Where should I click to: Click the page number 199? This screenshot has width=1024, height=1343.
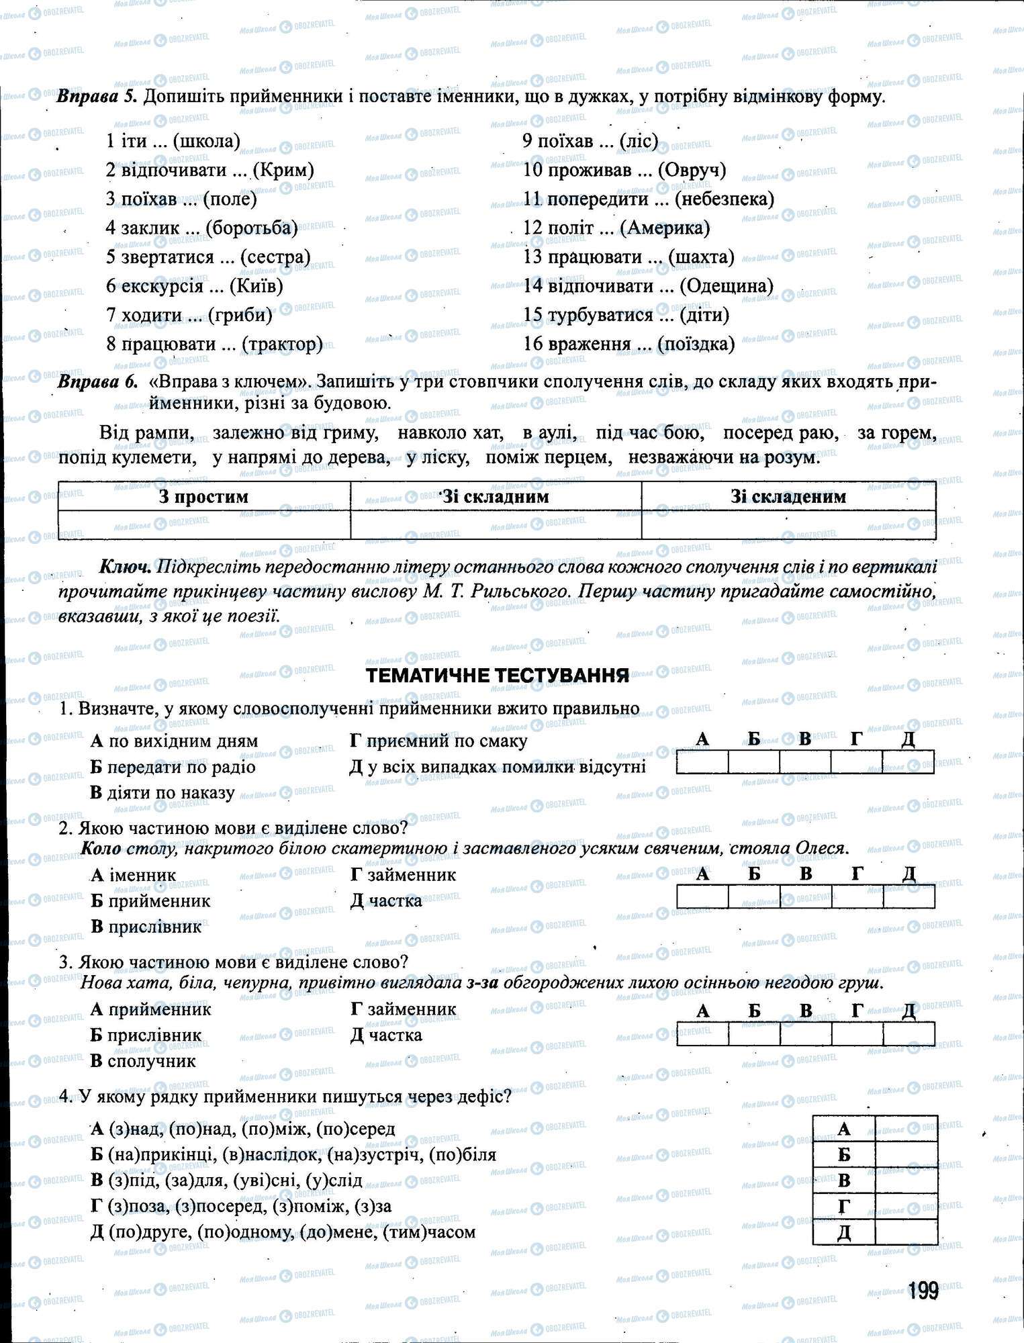tap(923, 1290)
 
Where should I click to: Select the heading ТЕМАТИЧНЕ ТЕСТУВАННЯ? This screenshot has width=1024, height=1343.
tap(498, 676)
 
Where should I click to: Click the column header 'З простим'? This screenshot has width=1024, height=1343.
tap(203, 497)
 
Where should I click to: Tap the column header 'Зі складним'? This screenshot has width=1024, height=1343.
tap(496, 497)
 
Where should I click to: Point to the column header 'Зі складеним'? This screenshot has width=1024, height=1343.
tap(788, 497)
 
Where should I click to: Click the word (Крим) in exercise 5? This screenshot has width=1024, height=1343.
tap(286, 170)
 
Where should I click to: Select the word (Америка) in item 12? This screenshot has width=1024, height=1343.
tap(665, 228)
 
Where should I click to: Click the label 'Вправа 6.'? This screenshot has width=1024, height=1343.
tap(97, 382)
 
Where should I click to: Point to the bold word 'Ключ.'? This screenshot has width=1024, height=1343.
tap(126, 567)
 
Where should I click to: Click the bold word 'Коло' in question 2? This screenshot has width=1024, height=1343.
tap(101, 848)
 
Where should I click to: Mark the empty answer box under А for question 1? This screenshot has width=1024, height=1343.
tap(702, 762)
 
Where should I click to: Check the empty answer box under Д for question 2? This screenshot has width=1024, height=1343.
tap(909, 896)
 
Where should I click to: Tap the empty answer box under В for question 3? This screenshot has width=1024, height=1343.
tap(806, 1033)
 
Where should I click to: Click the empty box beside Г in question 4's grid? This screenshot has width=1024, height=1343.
tap(906, 1207)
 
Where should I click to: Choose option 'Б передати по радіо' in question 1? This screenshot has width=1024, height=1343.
tap(173, 767)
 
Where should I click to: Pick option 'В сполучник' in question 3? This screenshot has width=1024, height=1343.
tap(143, 1061)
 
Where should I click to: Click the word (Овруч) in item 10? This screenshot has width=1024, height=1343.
tap(692, 170)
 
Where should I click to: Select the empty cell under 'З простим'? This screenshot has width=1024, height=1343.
tap(203, 524)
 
